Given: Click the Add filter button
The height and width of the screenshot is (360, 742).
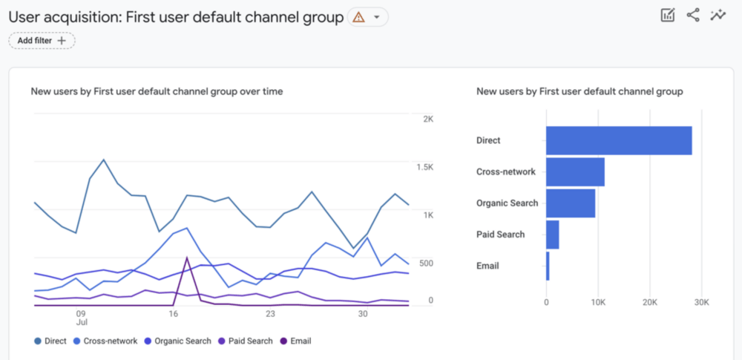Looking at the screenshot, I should pyautogui.click(x=42, y=40).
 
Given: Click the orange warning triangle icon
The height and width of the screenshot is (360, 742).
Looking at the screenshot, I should pyautogui.click(x=358, y=17).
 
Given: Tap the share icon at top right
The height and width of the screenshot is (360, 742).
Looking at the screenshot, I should pyautogui.click(x=692, y=15).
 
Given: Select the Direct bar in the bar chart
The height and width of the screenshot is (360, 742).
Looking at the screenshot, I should pyautogui.click(x=619, y=140).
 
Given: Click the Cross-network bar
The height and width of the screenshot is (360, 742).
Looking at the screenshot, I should pyautogui.click(x=575, y=171).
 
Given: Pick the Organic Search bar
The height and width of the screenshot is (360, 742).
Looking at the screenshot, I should pyautogui.click(x=571, y=203).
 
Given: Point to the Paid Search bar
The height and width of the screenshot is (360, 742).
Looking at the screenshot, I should pyautogui.click(x=552, y=235).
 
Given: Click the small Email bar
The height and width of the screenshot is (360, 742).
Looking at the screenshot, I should pyautogui.click(x=548, y=266).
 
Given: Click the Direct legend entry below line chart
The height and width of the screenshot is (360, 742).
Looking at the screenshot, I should pyautogui.click(x=51, y=341).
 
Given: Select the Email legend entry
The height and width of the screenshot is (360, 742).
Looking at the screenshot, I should pyautogui.click(x=295, y=341).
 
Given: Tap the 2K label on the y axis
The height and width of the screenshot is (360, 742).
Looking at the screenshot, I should pyautogui.click(x=427, y=119).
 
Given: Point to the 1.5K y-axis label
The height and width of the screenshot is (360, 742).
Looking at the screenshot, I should pyautogui.click(x=424, y=167).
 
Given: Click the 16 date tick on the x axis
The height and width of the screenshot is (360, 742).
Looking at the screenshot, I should pyautogui.click(x=174, y=314).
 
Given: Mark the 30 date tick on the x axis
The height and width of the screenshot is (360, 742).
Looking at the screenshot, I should pyautogui.click(x=363, y=314).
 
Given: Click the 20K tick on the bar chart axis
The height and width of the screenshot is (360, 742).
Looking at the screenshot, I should pyautogui.click(x=650, y=302).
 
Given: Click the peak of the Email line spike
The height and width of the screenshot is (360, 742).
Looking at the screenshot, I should pyautogui.click(x=187, y=258).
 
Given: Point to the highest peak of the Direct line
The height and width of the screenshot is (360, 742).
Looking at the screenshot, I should pyautogui.click(x=103, y=160).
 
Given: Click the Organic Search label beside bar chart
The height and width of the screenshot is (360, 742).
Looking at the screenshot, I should pyautogui.click(x=508, y=203).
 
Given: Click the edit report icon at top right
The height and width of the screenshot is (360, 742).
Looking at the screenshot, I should pyautogui.click(x=667, y=15).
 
